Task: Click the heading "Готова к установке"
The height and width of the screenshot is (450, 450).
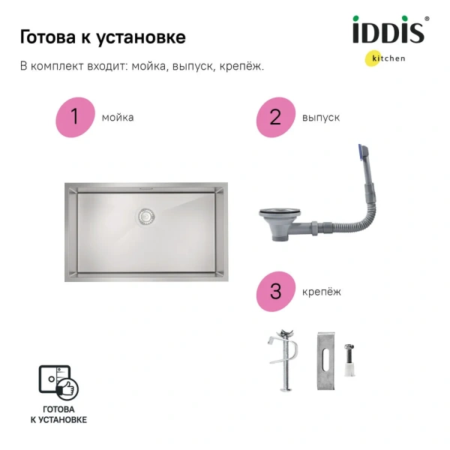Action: pyautogui.click(x=103, y=37)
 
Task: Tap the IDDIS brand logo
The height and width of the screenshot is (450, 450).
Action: pyautogui.click(x=388, y=31)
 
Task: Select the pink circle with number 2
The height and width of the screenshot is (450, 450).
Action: pyautogui.click(x=274, y=118)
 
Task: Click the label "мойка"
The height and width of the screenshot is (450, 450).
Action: pyautogui.click(x=118, y=118)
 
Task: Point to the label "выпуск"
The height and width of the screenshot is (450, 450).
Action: pyautogui.click(x=321, y=118)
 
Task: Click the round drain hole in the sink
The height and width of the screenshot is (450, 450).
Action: pyautogui.click(x=146, y=216)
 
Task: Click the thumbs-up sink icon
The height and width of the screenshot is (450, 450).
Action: pyautogui.click(x=58, y=382)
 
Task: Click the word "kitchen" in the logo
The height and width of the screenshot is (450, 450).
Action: pyautogui.click(x=390, y=58)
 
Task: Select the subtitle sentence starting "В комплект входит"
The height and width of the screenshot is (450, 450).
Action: pyautogui.click(x=142, y=66)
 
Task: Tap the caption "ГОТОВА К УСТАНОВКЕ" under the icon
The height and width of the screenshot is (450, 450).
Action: pyautogui.click(x=58, y=415)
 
